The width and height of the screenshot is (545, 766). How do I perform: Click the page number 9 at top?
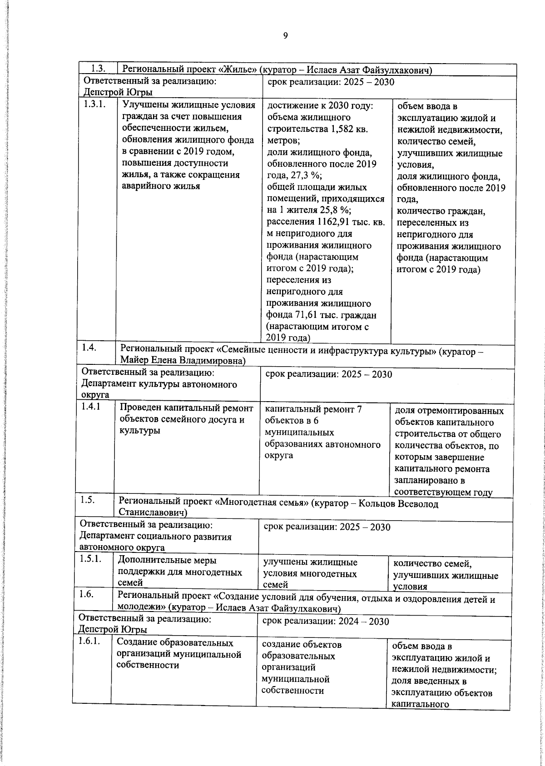pos(286,36)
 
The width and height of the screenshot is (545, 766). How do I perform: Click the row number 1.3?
pos(98,69)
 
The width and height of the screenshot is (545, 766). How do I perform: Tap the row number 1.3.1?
pos(94,104)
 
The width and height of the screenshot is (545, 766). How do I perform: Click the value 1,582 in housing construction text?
pos(342,129)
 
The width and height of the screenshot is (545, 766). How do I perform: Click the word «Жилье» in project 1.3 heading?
pos(238,70)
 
